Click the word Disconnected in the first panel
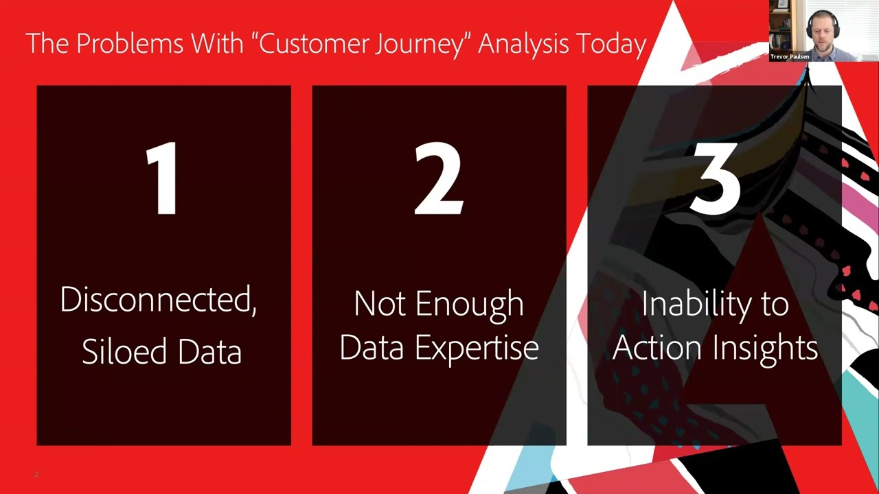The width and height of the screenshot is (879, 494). point(158,300)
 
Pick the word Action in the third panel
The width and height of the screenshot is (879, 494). point(658,347)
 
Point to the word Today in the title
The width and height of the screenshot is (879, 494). point(611,44)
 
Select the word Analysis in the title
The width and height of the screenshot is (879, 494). point(523,44)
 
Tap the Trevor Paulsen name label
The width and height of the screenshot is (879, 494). point(790,57)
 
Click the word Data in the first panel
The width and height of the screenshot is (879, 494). point(209,351)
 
